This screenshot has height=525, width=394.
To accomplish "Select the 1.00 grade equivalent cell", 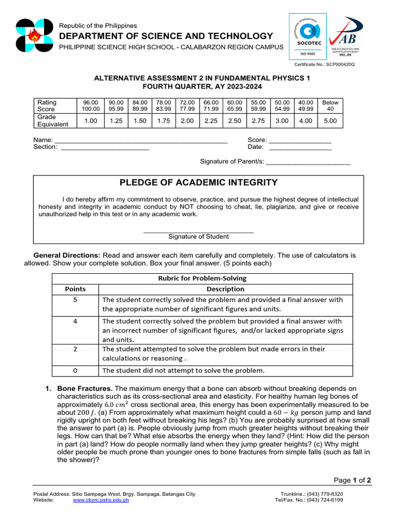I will click(x=91, y=120).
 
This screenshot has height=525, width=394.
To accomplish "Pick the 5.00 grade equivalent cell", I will click(x=330, y=120).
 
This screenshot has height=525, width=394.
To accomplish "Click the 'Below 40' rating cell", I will click(x=330, y=106).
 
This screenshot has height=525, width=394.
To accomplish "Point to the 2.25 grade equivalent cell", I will click(x=211, y=120).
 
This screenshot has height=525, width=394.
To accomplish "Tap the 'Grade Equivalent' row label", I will click(x=53, y=120).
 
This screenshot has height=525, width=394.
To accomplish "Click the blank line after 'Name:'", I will click(x=141, y=140).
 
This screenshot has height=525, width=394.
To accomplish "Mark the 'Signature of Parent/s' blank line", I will click(x=308, y=162).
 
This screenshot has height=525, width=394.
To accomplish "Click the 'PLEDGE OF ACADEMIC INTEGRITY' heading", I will click(x=199, y=183).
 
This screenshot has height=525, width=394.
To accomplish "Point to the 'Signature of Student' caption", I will click(x=199, y=237).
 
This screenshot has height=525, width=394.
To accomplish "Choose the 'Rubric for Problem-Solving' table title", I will click(x=202, y=278).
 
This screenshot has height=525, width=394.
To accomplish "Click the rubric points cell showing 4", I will click(x=75, y=321).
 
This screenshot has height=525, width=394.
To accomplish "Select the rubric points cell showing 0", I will click(x=75, y=370).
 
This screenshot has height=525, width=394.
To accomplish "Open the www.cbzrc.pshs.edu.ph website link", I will click(x=101, y=500).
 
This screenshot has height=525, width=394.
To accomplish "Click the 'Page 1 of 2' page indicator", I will click(x=352, y=480).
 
